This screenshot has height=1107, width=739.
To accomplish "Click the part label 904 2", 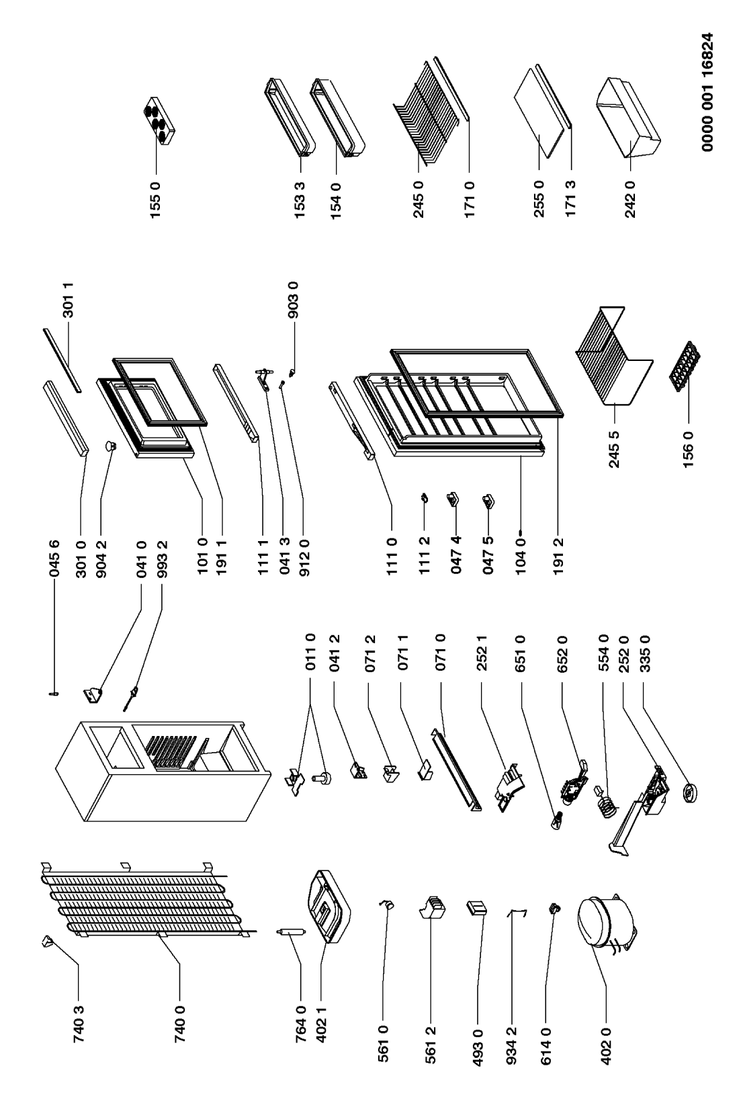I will click(x=101, y=544).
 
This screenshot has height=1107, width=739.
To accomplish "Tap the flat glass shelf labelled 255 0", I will click(x=537, y=118).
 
